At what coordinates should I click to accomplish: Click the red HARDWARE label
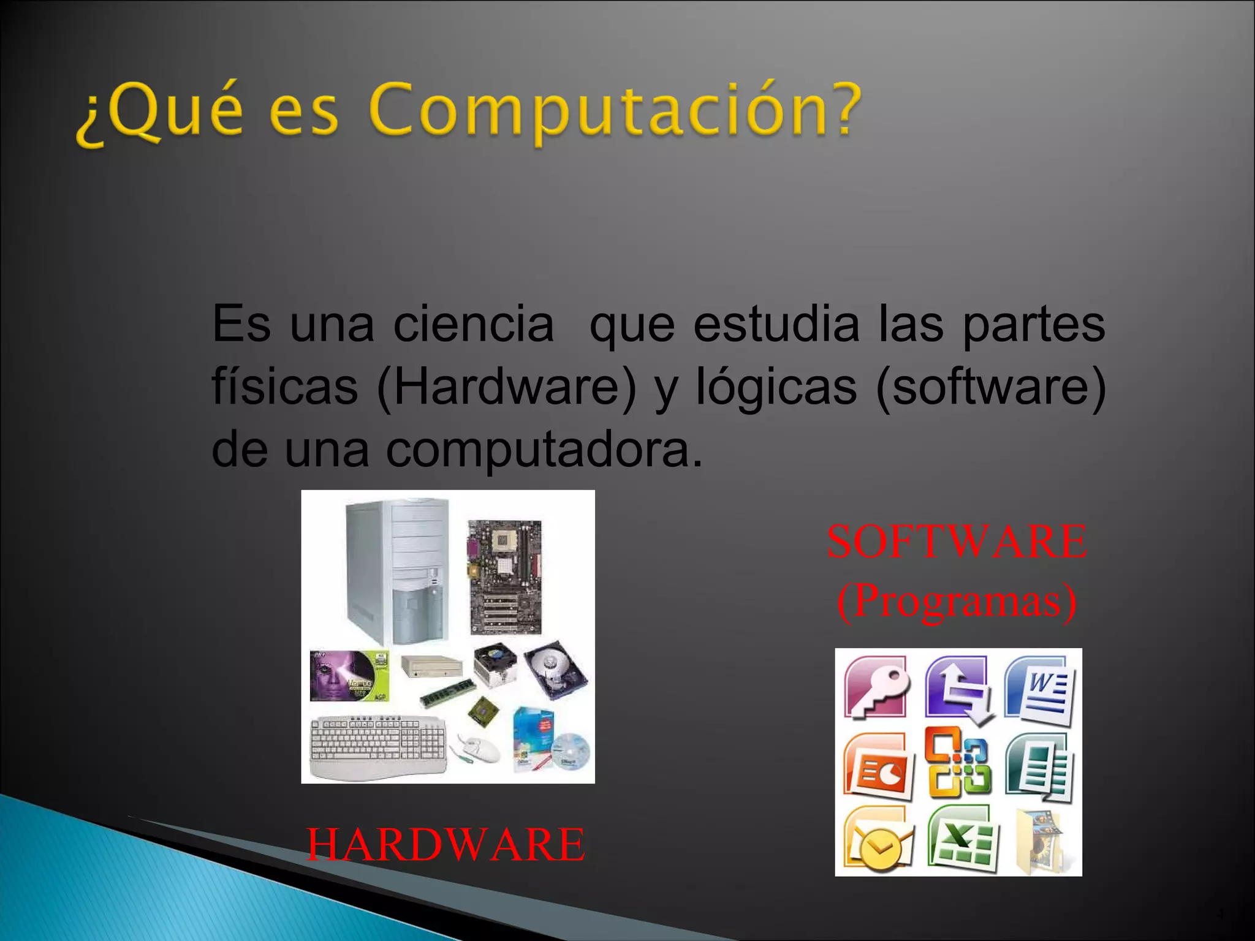(x=446, y=844)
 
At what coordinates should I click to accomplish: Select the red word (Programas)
(x=957, y=601)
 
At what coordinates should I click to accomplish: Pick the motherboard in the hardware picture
(x=505, y=576)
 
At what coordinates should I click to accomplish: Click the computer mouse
(x=479, y=748)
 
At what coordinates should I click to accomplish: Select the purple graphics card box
(x=349, y=676)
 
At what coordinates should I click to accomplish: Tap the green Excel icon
(x=962, y=839)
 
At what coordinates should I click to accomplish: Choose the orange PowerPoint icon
(x=878, y=766)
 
